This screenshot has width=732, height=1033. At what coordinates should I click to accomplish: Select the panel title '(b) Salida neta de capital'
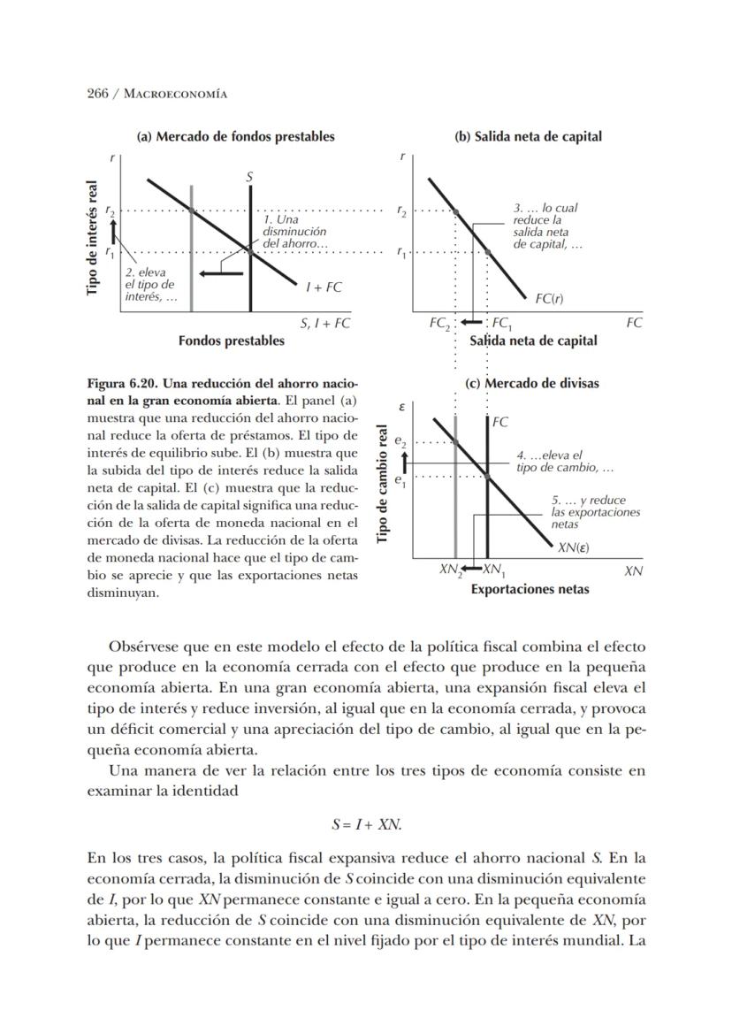528,137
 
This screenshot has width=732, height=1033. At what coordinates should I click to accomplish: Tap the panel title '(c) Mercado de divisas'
531,384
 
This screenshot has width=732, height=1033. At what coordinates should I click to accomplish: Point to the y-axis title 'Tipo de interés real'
92,238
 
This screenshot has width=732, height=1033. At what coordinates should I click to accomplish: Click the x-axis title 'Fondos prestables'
232,341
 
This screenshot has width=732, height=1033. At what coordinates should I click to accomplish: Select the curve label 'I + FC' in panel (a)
324,287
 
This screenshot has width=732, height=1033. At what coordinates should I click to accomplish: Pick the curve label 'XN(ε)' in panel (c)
574,547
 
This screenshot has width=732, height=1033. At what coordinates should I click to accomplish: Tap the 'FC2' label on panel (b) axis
439,324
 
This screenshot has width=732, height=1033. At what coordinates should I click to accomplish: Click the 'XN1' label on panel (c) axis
493,570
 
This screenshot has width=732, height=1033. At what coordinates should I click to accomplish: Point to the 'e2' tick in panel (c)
400,440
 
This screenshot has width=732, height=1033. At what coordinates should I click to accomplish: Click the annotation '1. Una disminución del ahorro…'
295,231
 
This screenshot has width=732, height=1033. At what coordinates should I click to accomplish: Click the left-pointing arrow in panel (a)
220,273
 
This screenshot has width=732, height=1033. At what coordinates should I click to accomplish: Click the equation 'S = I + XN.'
366,824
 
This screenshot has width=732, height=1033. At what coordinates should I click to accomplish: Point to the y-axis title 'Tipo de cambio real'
384,486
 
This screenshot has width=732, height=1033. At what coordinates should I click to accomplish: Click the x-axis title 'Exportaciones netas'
530,589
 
